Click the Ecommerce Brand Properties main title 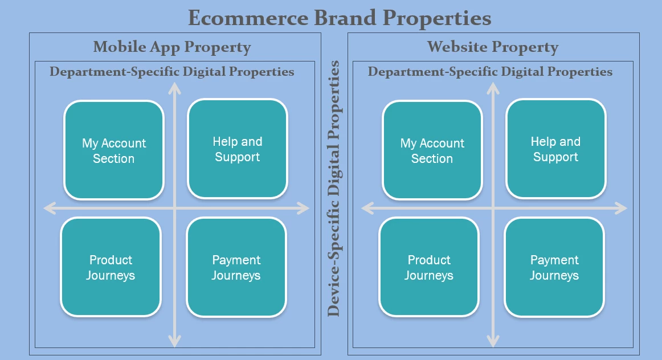coord(340,18)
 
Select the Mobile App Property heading coord(172,47)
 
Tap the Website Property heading coord(493,47)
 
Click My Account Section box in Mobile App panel coord(114,150)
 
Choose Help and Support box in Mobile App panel coord(238,149)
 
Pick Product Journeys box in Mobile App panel coord(111,267)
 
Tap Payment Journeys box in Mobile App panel coord(236,267)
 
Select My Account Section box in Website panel coord(432,150)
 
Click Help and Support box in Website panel coord(555,149)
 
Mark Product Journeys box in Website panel coord(429,267)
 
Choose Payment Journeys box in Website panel coord(554,267)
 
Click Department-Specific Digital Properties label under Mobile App coord(172,72)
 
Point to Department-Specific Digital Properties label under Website coord(490,72)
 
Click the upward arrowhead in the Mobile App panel coord(175,87)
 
